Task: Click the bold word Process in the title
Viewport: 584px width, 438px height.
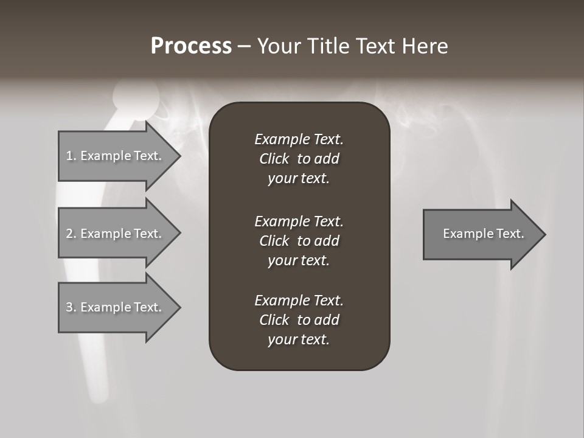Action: coord(191,46)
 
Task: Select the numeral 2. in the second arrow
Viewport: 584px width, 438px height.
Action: coord(71,234)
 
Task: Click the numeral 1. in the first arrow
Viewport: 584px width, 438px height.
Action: coord(71,156)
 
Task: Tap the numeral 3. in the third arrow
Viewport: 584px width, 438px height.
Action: coord(71,307)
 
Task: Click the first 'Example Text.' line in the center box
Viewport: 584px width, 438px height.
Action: coord(299,139)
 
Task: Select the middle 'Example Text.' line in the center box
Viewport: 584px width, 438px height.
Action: coord(299,221)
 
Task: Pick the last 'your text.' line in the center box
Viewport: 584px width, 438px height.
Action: coord(299,340)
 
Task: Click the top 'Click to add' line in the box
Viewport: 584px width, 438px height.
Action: coord(299,159)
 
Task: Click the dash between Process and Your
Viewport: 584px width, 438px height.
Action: coord(244,47)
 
